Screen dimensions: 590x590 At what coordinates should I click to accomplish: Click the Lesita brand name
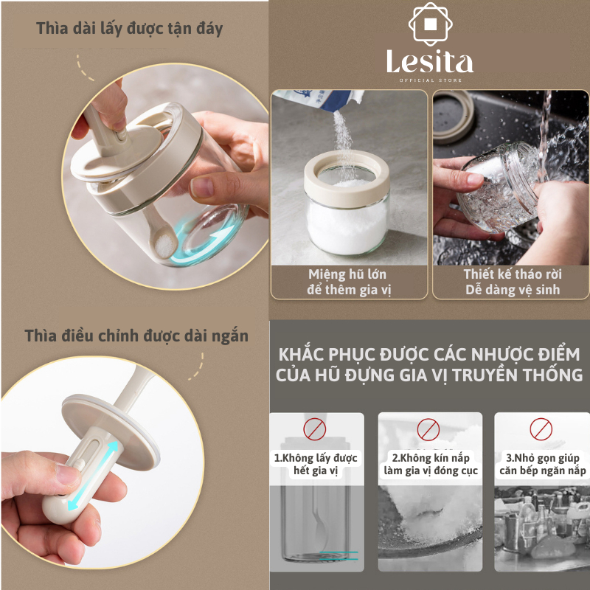click(430, 63)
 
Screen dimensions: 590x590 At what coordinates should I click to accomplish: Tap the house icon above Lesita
click(430, 24)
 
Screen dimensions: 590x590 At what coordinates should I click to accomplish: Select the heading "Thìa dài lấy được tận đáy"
click(130, 29)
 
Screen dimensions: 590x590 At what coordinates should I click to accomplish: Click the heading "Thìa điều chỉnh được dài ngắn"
click(136, 336)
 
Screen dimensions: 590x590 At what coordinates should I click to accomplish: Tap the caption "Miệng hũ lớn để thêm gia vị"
click(348, 282)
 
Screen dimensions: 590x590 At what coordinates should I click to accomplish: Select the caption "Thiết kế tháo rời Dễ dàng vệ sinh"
click(513, 282)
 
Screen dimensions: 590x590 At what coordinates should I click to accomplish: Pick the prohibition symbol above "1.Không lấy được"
click(315, 429)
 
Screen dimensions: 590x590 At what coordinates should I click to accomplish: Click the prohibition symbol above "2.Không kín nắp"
click(428, 429)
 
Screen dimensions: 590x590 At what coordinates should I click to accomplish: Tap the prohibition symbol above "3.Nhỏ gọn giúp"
click(541, 429)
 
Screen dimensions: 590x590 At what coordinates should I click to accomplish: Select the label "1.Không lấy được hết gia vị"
click(316, 465)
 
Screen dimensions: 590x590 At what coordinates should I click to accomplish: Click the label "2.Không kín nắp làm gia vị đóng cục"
click(431, 465)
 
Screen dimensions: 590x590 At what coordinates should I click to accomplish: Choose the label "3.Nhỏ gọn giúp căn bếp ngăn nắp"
click(543, 465)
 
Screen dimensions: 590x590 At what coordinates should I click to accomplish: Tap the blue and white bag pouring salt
click(320, 100)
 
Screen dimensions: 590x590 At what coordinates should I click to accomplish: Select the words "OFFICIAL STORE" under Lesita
click(431, 80)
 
